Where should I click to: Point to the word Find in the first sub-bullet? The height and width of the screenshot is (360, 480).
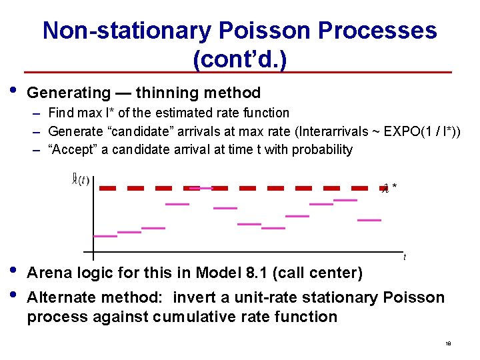click(x=61, y=113)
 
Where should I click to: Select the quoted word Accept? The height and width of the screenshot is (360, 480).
click(x=71, y=149)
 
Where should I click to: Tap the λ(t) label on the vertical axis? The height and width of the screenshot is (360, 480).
click(x=81, y=180)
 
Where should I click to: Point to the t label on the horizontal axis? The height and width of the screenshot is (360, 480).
click(x=405, y=257)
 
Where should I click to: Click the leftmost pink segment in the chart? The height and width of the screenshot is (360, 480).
click(x=105, y=236)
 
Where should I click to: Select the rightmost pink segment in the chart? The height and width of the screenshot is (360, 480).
click(x=369, y=219)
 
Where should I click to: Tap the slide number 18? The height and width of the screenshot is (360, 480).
click(x=448, y=344)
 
